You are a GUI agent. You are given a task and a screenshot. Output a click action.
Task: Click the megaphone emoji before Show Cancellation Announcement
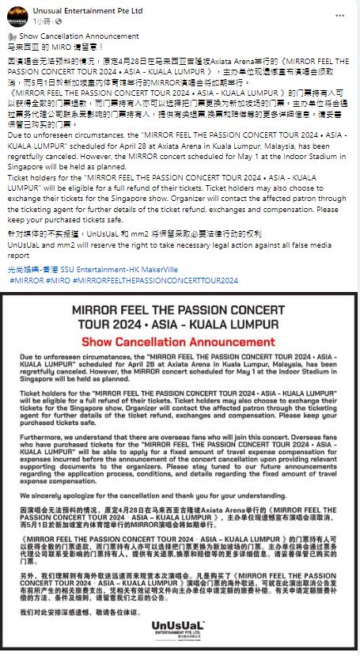pos(11,36)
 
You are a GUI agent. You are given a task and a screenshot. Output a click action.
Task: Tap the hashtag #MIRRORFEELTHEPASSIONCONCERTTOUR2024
pos(155,280)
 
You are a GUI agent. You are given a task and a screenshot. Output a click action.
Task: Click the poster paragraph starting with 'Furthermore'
pos(180,449)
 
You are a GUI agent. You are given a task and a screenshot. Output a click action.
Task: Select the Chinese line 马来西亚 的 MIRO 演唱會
pos(48,47)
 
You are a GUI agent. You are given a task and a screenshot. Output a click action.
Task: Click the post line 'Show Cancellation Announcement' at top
pos(78,36)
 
